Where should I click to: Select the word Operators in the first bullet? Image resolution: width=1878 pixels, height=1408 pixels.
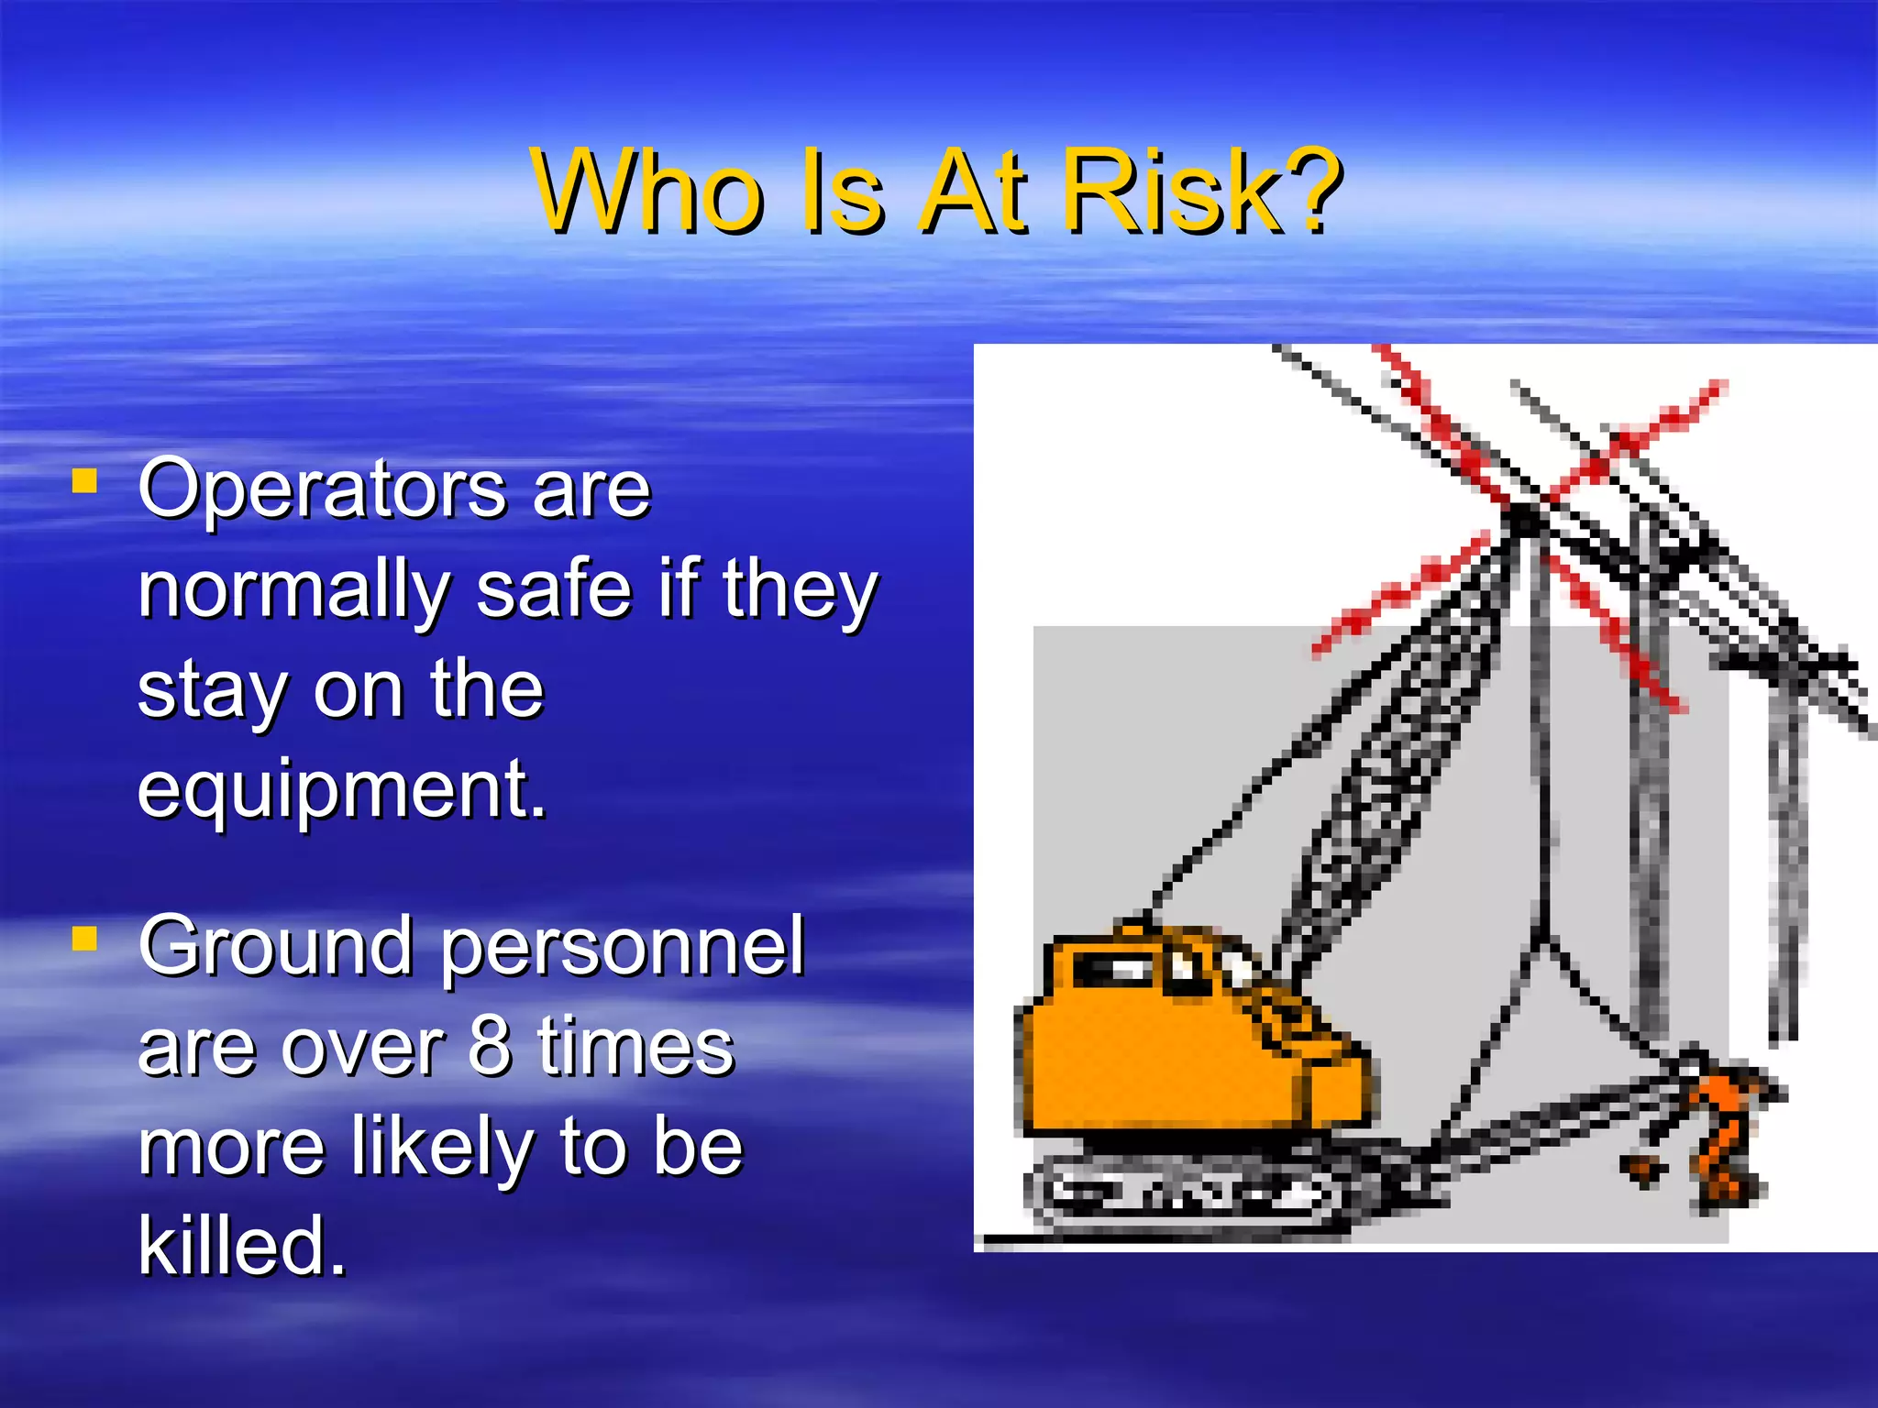321,489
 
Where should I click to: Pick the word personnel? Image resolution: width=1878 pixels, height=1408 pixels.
624,948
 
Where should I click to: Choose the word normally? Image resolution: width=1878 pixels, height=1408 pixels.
293,588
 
